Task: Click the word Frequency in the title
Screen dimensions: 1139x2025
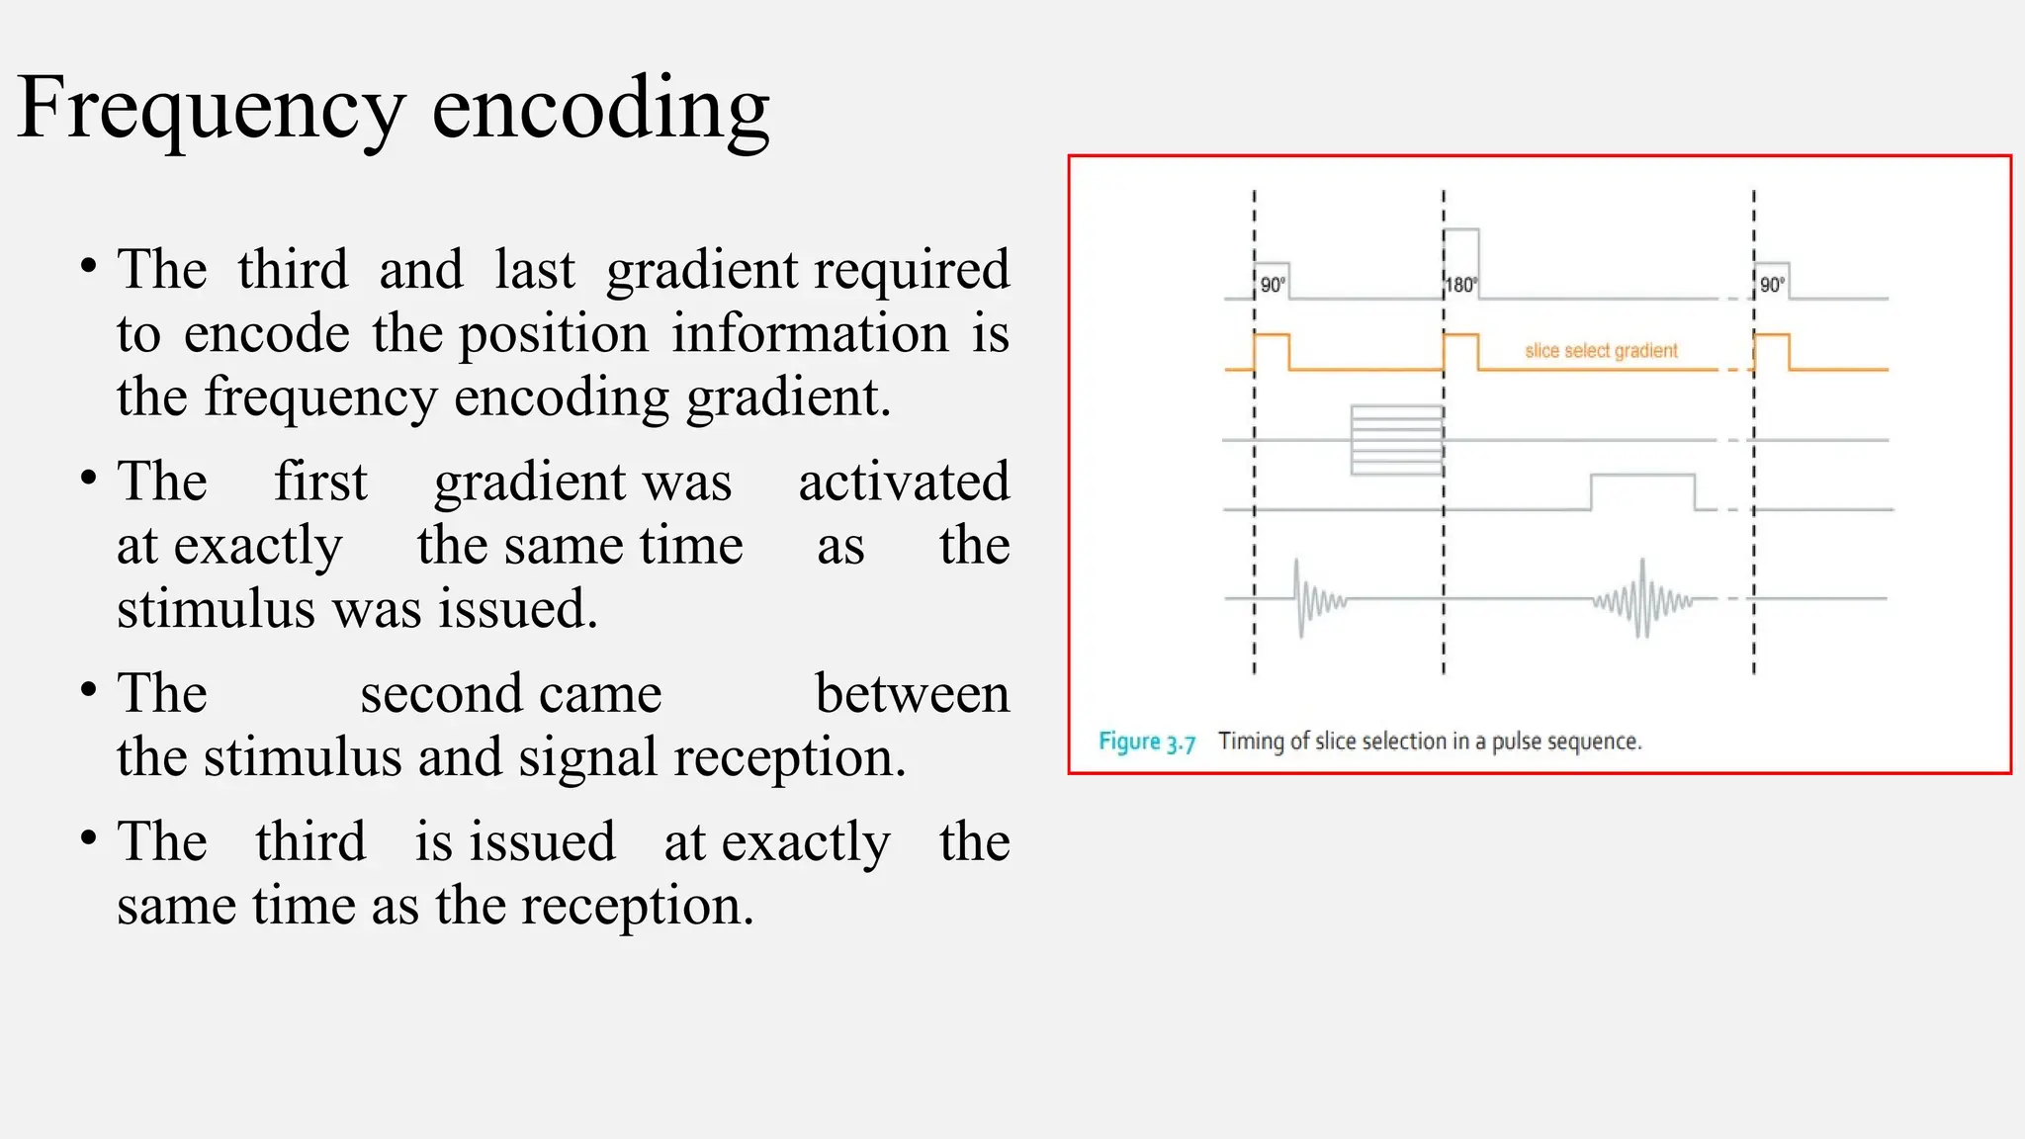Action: point(211,109)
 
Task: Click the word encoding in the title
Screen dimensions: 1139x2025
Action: point(600,109)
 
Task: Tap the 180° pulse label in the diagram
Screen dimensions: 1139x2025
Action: point(1460,285)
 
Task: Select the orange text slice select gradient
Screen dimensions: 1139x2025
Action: point(1601,350)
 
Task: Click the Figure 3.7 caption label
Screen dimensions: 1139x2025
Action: point(1147,742)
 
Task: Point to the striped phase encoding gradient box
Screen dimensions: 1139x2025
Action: point(1396,440)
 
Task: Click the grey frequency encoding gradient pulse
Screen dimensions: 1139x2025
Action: point(1642,490)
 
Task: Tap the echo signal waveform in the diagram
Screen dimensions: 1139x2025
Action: point(1642,599)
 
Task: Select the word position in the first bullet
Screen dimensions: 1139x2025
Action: point(554,333)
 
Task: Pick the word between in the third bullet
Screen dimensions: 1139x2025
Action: point(912,693)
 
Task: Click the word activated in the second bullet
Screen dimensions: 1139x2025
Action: point(904,482)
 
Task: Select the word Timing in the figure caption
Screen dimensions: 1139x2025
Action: point(1251,742)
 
